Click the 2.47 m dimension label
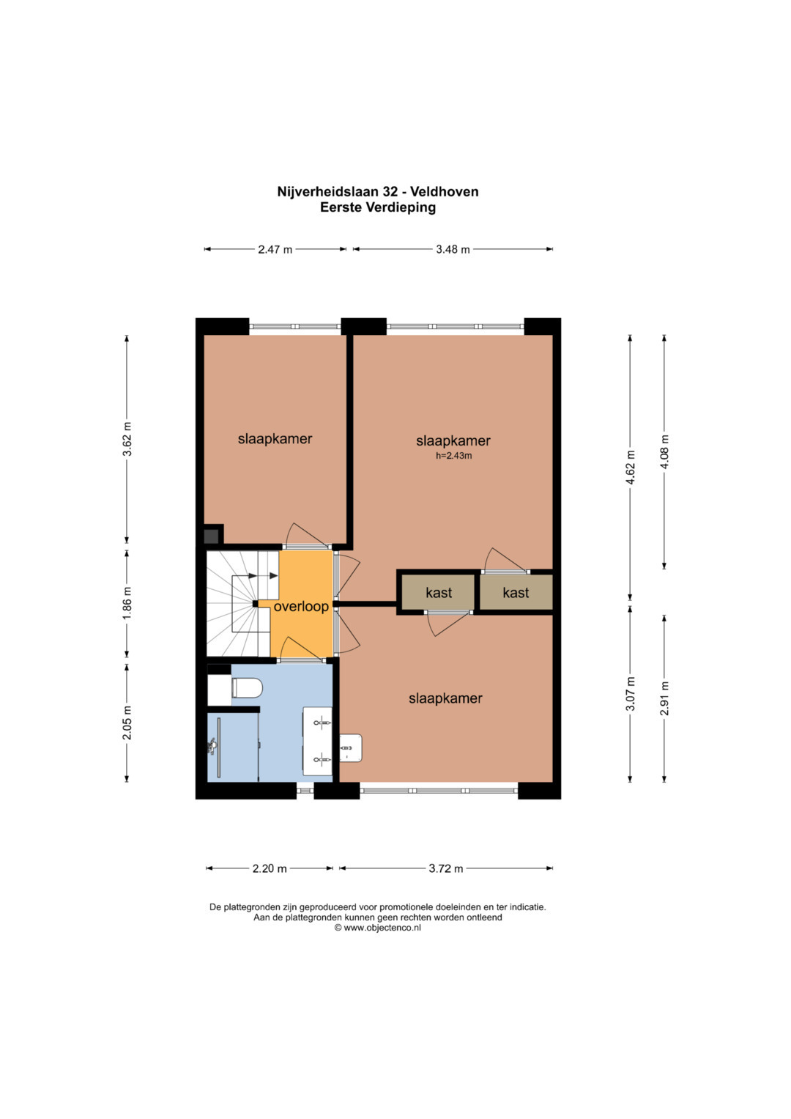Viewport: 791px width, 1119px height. (x=275, y=249)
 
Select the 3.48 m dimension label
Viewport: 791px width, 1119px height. (x=453, y=249)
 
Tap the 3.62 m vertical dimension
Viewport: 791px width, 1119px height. (x=127, y=439)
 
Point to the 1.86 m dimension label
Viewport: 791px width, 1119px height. (x=127, y=603)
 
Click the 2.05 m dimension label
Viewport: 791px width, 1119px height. (x=127, y=723)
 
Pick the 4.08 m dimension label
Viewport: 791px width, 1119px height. (x=664, y=452)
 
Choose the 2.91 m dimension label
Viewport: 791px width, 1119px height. (x=664, y=698)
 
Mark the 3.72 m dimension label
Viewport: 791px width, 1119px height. (x=446, y=868)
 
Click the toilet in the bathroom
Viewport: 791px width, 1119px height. (x=247, y=688)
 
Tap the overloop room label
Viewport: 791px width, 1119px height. (x=301, y=607)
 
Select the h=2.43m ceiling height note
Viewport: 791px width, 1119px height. (x=453, y=456)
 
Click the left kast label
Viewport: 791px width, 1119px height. (x=439, y=592)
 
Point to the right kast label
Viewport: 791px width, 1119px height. (x=516, y=592)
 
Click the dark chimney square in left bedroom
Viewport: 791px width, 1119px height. (x=212, y=536)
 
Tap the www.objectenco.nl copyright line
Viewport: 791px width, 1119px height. (x=377, y=928)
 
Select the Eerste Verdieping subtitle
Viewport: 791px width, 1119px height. (x=378, y=207)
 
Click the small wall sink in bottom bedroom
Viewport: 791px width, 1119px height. (x=351, y=747)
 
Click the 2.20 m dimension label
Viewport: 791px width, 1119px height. (x=270, y=868)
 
